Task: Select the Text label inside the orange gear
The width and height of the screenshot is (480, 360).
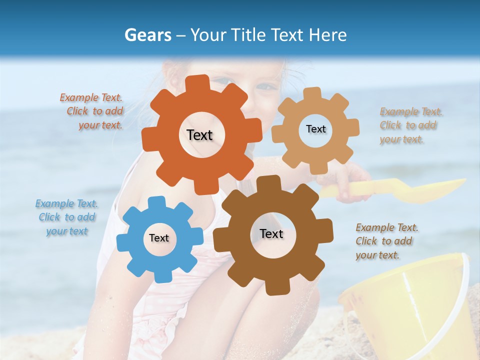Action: (199, 135)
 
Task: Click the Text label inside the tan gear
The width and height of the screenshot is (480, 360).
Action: (315, 129)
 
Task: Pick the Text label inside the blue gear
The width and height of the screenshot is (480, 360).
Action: (159, 238)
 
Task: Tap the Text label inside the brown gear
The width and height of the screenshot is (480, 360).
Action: (271, 234)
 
